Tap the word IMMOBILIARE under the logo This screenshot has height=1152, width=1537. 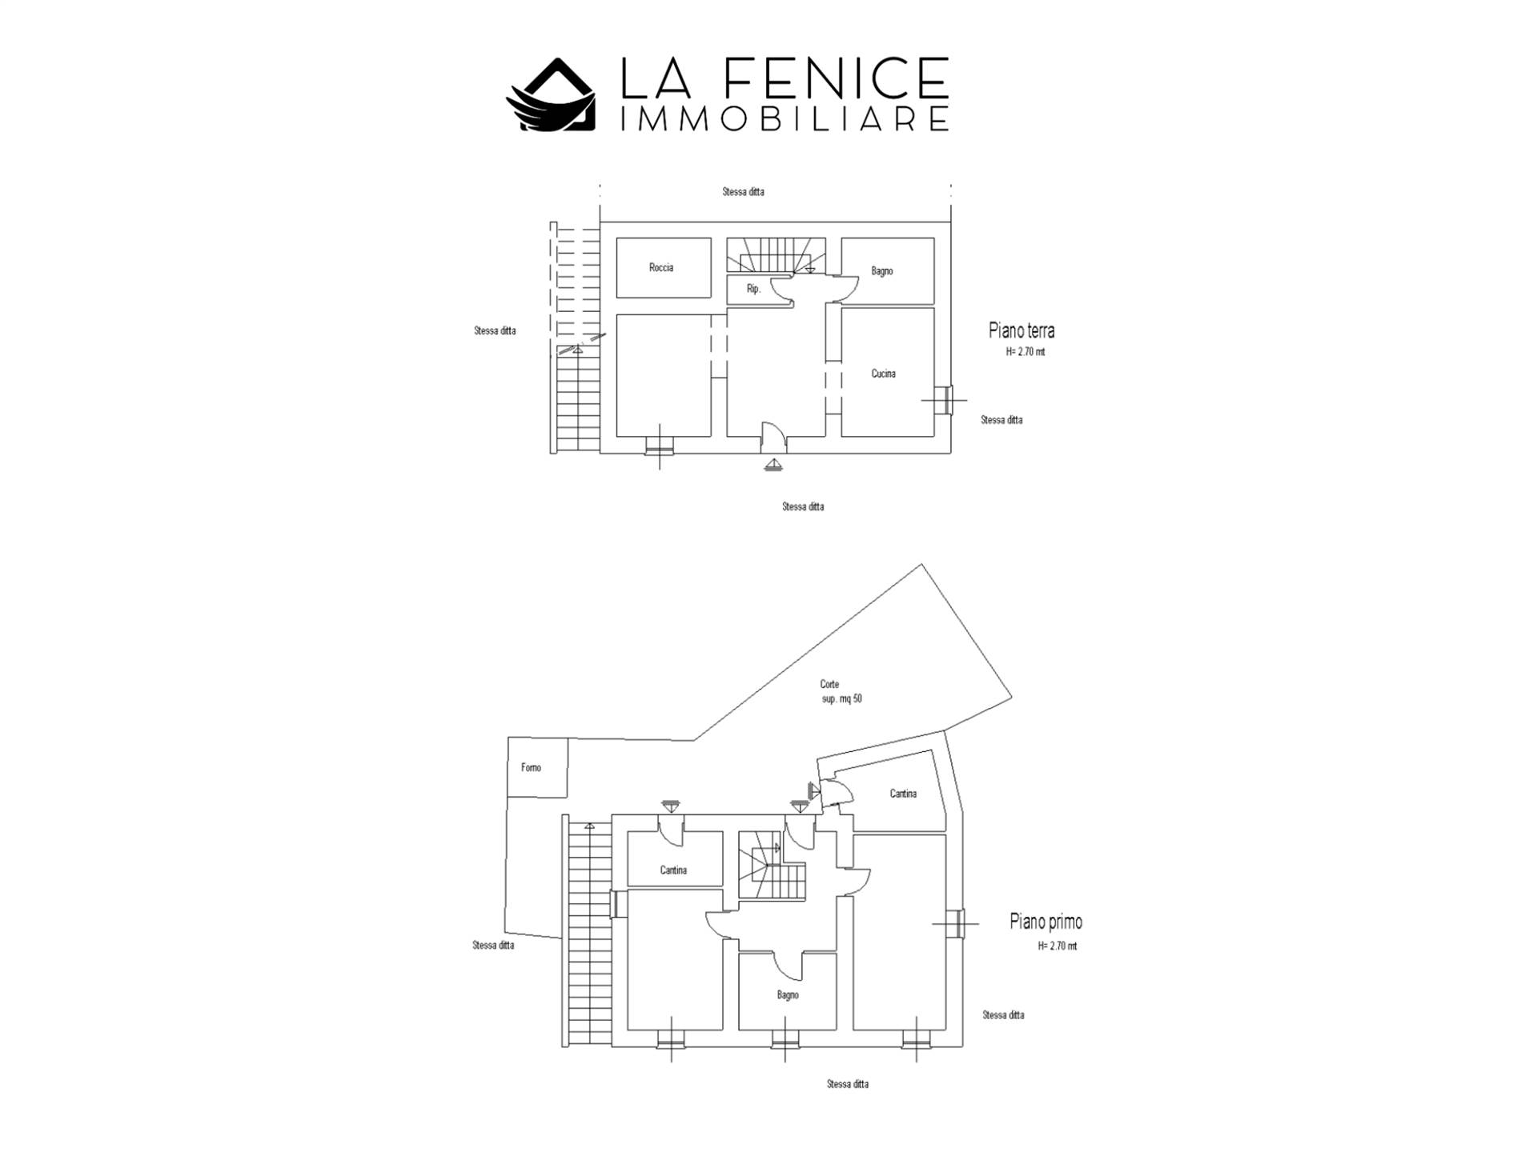(785, 119)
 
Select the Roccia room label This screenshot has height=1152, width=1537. (661, 267)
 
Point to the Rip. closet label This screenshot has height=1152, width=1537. (753, 289)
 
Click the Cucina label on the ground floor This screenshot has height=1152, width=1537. (884, 374)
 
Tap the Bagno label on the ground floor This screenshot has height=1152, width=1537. (882, 271)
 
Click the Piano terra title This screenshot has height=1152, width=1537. (1021, 330)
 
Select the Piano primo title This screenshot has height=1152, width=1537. (1046, 922)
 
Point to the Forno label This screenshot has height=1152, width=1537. (531, 767)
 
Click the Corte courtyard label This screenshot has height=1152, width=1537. (829, 684)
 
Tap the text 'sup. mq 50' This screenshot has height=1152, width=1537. (842, 698)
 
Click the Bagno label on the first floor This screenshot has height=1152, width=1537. (788, 995)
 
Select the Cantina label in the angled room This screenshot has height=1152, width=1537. (903, 794)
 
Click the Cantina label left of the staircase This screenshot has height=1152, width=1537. (673, 870)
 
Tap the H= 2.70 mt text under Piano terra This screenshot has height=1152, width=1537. (1025, 352)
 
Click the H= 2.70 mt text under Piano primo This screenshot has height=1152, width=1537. (1057, 946)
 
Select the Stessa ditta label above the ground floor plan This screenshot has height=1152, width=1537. (743, 192)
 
